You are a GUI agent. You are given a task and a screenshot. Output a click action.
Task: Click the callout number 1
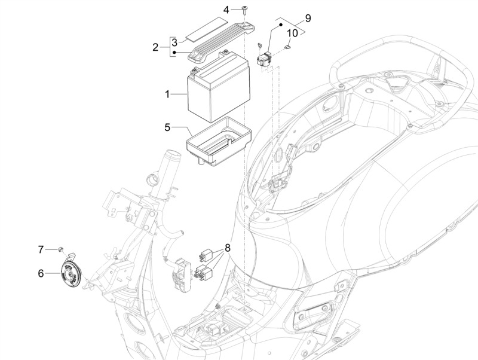(168, 94)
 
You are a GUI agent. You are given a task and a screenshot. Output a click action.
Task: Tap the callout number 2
(156, 47)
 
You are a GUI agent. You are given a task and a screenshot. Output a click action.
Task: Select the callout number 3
(174, 42)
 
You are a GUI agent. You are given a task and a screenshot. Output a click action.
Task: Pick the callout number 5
(168, 127)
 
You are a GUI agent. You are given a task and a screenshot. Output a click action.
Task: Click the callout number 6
(41, 273)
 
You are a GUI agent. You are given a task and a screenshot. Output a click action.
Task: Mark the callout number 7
(41, 249)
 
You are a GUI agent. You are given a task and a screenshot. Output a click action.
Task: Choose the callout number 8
(228, 248)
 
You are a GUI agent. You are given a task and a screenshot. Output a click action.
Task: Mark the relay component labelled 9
(266, 59)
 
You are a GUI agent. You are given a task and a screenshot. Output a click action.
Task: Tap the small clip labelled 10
(288, 49)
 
